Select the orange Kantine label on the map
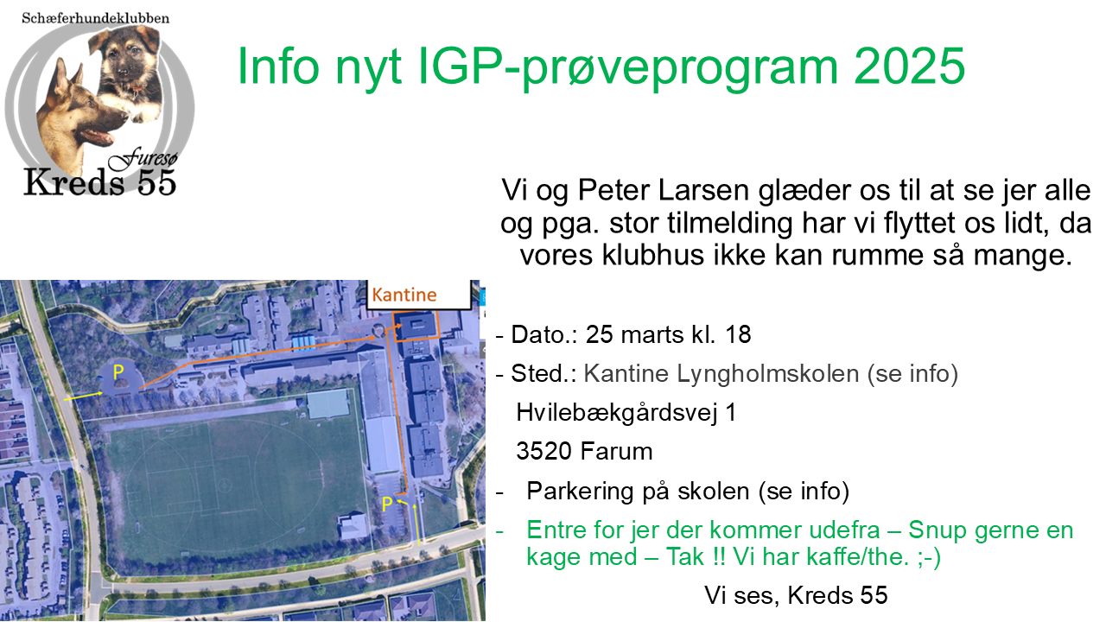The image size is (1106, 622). [x=404, y=295]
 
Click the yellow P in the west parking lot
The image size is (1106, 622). [x=118, y=371]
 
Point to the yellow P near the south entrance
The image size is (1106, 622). [x=387, y=504]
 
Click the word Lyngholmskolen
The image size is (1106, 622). [x=768, y=373]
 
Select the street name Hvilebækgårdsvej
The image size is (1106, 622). [x=617, y=412]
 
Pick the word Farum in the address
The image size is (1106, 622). [x=617, y=451]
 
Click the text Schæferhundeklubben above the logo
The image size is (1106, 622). [x=95, y=18]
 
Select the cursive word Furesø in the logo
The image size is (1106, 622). [x=143, y=158]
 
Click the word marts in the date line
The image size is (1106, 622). [x=652, y=334]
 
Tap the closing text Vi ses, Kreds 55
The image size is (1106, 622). [x=796, y=595]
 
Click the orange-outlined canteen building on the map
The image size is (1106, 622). [x=416, y=326]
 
